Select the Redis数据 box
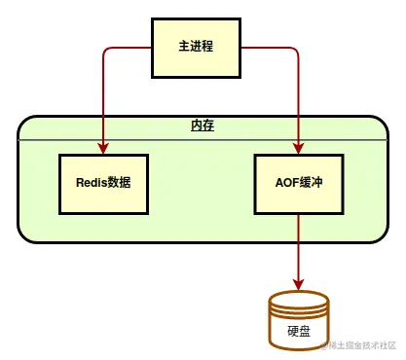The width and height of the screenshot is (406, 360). click(x=103, y=183)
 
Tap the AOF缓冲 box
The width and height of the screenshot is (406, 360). click(x=298, y=183)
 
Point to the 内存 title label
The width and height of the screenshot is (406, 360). click(x=203, y=126)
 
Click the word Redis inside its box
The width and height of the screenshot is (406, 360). click(x=92, y=183)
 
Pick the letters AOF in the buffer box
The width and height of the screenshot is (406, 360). click(x=285, y=183)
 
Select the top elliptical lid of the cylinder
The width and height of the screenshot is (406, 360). click(x=298, y=300)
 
